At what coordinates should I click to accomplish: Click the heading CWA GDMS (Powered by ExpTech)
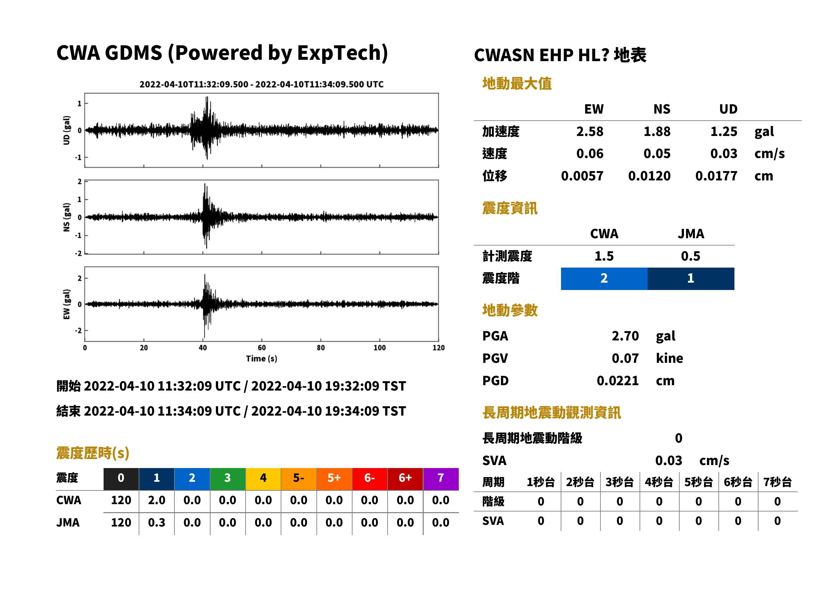pos(222,53)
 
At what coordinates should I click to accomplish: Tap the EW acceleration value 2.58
pos(589,132)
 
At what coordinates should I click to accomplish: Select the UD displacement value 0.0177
pos(716,176)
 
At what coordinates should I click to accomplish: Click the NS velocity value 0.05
pos(657,154)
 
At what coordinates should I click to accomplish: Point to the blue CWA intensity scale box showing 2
pos(604,279)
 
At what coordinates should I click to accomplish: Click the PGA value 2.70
pos(625,336)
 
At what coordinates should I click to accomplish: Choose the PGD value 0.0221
pos(617,381)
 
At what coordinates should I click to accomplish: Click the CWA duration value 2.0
pos(157,500)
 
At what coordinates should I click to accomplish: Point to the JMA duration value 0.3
pos(157,523)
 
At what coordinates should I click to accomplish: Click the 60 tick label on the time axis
pos(262,348)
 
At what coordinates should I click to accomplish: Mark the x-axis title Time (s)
pos(261,359)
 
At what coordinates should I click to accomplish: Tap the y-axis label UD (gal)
pos(66,130)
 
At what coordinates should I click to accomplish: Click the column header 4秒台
pos(659,482)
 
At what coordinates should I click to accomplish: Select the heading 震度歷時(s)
pos(93,453)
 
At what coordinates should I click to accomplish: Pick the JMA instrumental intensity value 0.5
pos(690,256)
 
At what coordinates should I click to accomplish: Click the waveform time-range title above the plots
pos(261,84)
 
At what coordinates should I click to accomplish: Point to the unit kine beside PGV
pos(669,358)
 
